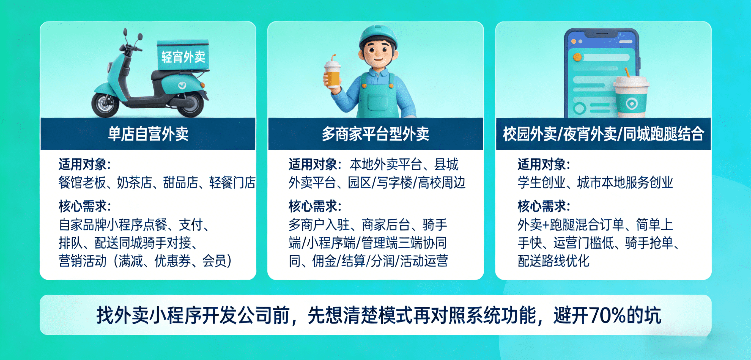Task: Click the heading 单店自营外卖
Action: (x=148, y=134)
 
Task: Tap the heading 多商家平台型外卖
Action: (x=376, y=134)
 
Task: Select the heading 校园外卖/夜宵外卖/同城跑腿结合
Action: (x=604, y=134)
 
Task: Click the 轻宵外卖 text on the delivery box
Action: (x=183, y=57)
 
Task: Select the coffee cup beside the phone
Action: (x=631, y=96)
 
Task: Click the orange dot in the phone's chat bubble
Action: (x=577, y=57)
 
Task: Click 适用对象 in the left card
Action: (x=83, y=164)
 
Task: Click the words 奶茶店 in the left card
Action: (x=135, y=183)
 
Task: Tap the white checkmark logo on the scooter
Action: (x=182, y=85)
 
